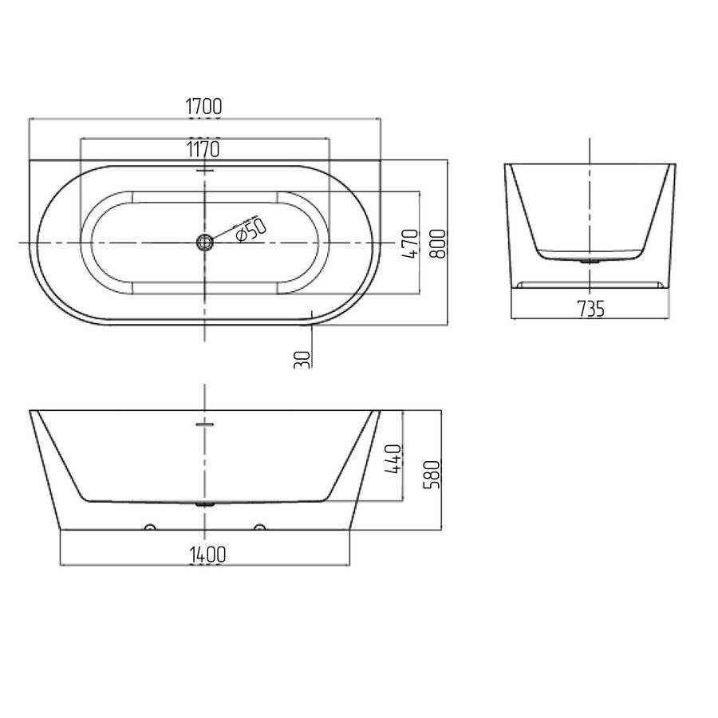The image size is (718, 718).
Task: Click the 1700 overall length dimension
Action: [203, 106]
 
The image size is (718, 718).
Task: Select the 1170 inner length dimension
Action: [203, 149]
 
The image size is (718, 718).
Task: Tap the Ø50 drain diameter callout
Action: [251, 230]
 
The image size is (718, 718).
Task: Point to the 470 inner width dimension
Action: [410, 243]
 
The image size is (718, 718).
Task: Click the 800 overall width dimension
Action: [438, 243]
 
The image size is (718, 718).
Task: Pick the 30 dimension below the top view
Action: [302, 360]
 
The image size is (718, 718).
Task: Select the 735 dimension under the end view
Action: [590, 309]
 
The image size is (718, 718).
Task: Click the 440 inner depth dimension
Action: [393, 459]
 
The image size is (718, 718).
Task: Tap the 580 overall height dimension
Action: [432, 475]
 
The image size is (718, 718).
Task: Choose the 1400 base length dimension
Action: [207, 554]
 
